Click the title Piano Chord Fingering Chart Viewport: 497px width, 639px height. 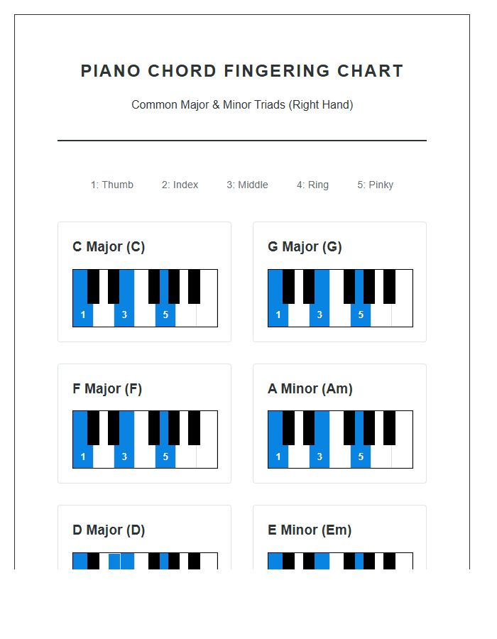point(242,71)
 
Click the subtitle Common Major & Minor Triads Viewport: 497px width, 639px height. point(242,105)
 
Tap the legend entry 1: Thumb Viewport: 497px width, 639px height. point(112,185)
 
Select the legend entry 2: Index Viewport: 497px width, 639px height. point(180,185)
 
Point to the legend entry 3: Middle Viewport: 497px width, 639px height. point(247,185)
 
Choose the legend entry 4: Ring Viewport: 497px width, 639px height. point(312,185)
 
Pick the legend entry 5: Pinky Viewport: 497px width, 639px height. point(375,185)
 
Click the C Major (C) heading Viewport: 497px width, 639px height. point(109,247)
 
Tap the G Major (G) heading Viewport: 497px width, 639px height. point(305,247)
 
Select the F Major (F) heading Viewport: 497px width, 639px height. point(107,389)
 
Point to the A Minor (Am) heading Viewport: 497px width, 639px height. point(310,389)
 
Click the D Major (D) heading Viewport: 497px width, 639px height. point(109,530)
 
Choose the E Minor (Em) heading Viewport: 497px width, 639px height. point(310,530)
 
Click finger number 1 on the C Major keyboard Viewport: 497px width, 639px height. point(83,315)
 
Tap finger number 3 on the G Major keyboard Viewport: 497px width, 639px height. point(319,315)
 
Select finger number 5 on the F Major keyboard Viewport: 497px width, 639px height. point(165,457)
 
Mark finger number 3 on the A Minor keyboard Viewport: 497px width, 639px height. point(319,457)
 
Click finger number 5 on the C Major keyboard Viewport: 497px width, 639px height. point(165,315)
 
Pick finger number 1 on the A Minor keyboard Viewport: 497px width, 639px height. point(278,457)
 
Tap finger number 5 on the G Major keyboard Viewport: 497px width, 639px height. point(361,315)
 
